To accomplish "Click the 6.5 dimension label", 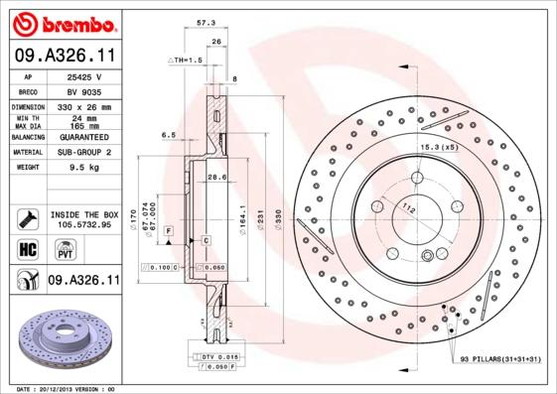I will (168, 134).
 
